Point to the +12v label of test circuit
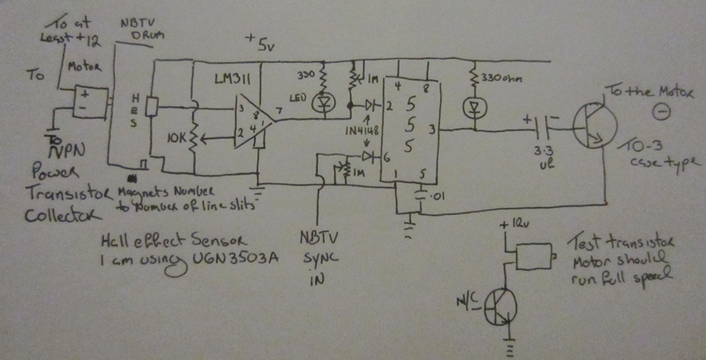point(514,226)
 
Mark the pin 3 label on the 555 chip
point(432,129)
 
